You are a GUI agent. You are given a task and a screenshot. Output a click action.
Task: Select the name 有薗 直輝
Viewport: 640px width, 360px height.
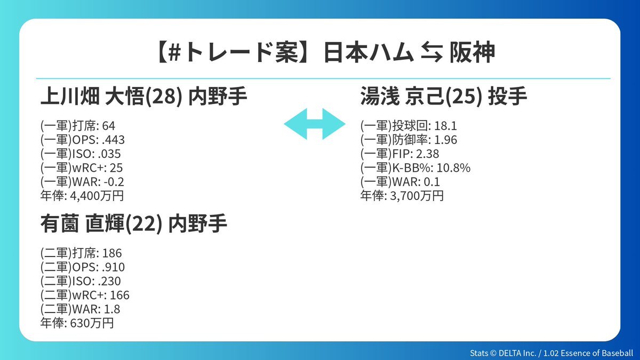(x=82, y=223)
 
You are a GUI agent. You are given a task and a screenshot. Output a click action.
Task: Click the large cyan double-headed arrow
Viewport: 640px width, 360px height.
(x=315, y=124)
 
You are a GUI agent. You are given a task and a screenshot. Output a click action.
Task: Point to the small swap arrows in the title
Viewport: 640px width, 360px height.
(x=432, y=52)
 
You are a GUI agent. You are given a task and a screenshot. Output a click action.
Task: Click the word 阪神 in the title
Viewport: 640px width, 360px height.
(x=472, y=52)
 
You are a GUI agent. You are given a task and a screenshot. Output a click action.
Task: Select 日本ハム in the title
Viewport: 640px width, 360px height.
(x=369, y=52)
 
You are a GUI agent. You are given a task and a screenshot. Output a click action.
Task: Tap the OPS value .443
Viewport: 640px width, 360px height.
(x=113, y=140)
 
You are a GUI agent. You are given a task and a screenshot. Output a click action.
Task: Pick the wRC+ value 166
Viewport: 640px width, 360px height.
(x=119, y=295)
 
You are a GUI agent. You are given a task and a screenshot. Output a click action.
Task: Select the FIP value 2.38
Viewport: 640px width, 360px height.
(x=427, y=154)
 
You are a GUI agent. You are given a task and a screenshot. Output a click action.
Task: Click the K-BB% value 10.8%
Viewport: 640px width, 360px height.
(x=453, y=167)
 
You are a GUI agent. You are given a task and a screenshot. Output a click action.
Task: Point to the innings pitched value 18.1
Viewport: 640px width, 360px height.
(x=445, y=126)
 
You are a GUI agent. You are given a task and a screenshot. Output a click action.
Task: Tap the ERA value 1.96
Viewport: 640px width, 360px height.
(x=445, y=140)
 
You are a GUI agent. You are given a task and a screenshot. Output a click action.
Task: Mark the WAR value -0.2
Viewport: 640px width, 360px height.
(x=114, y=182)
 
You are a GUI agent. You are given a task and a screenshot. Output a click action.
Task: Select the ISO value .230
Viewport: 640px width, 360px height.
(x=109, y=281)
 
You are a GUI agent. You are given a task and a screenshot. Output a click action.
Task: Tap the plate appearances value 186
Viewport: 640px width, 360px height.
(x=111, y=253)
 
